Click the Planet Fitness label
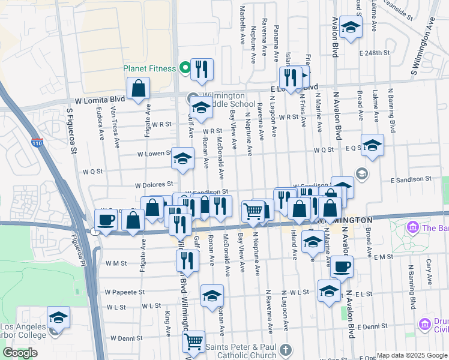click(149, 68)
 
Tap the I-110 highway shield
click(37, 143)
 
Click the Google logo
click(20, 353)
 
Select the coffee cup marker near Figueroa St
click(106, 220)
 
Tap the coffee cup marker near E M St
click(342, 266)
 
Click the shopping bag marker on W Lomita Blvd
click(139, 88)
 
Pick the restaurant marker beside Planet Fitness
click(202, 69)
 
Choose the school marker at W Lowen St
click(183, 158)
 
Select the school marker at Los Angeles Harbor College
click(58, 317)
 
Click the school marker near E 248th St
click(351, 27)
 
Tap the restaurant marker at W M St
click(187, 261)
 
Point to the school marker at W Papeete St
click(212, 296)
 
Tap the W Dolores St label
click(154, 185)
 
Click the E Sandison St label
click(411, 179)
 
